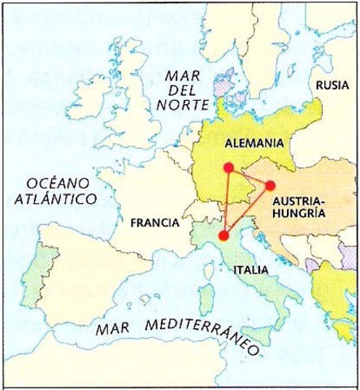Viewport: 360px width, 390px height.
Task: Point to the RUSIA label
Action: point(332,84)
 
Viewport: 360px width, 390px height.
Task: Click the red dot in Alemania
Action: point(228,168)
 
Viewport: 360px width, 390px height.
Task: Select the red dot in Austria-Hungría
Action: point(271,185)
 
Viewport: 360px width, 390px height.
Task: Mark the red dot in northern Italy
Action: point(223,236)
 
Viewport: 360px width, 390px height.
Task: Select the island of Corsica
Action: point(206,258)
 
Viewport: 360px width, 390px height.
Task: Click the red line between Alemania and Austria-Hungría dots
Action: point(249,177)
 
